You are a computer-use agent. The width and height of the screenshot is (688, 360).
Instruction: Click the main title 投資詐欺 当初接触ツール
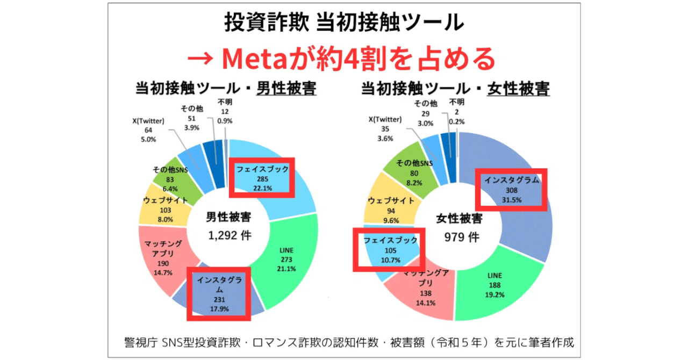click(x=344, y=23)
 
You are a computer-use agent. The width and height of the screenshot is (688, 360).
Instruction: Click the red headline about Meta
click(x=344, y=58)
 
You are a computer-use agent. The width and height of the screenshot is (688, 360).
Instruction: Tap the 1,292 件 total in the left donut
click(x=228, y=235)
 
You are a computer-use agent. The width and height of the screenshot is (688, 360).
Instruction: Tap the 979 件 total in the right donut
click(x=458, y=237)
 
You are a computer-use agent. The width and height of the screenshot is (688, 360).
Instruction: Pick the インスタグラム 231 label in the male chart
click(x=219, y=293)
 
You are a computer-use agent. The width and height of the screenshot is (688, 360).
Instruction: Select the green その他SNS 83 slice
click(x=171, y=180)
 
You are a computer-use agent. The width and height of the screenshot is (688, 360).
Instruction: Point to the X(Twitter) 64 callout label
click(x=148, y=130)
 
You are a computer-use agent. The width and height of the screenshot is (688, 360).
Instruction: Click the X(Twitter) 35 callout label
click(x=385, y=128)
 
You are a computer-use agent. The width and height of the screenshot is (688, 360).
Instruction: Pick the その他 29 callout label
click(x=426, y=112)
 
